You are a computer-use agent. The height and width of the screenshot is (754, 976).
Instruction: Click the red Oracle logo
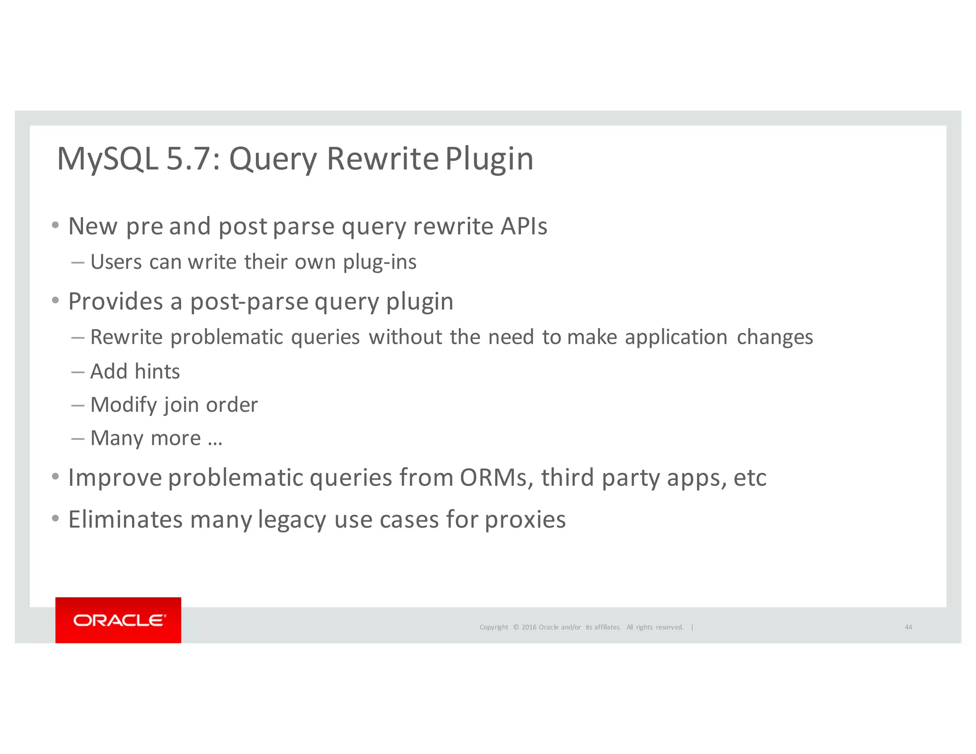click(x=118, y=620)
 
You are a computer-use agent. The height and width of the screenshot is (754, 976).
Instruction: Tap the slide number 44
click(x=908, y=627)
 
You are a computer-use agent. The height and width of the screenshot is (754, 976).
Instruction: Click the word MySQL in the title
click(x=107, y=159)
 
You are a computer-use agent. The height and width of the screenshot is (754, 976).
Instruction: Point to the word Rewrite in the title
click(x=382, y=159)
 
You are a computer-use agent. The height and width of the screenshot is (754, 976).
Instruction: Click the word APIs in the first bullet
click(x=524, y=226)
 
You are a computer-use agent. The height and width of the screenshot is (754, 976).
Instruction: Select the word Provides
click(x=116, y=302)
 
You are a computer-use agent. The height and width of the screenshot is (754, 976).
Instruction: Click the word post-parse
click(x=249, y=302)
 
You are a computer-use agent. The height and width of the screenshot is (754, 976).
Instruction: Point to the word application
click(x=676, y=337)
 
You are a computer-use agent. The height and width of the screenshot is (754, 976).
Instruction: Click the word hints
click(x=157, y=372)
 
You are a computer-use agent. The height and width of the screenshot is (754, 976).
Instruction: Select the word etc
click(x=750, y=478)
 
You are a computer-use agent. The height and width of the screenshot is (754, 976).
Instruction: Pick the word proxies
click(x=525, y=520)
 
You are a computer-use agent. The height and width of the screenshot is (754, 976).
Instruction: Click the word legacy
click(x=292, y=520)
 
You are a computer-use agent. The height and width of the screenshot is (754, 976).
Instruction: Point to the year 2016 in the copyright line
click(x=529, y=627)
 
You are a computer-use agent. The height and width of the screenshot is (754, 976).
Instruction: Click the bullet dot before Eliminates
click(x=56, y=519)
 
